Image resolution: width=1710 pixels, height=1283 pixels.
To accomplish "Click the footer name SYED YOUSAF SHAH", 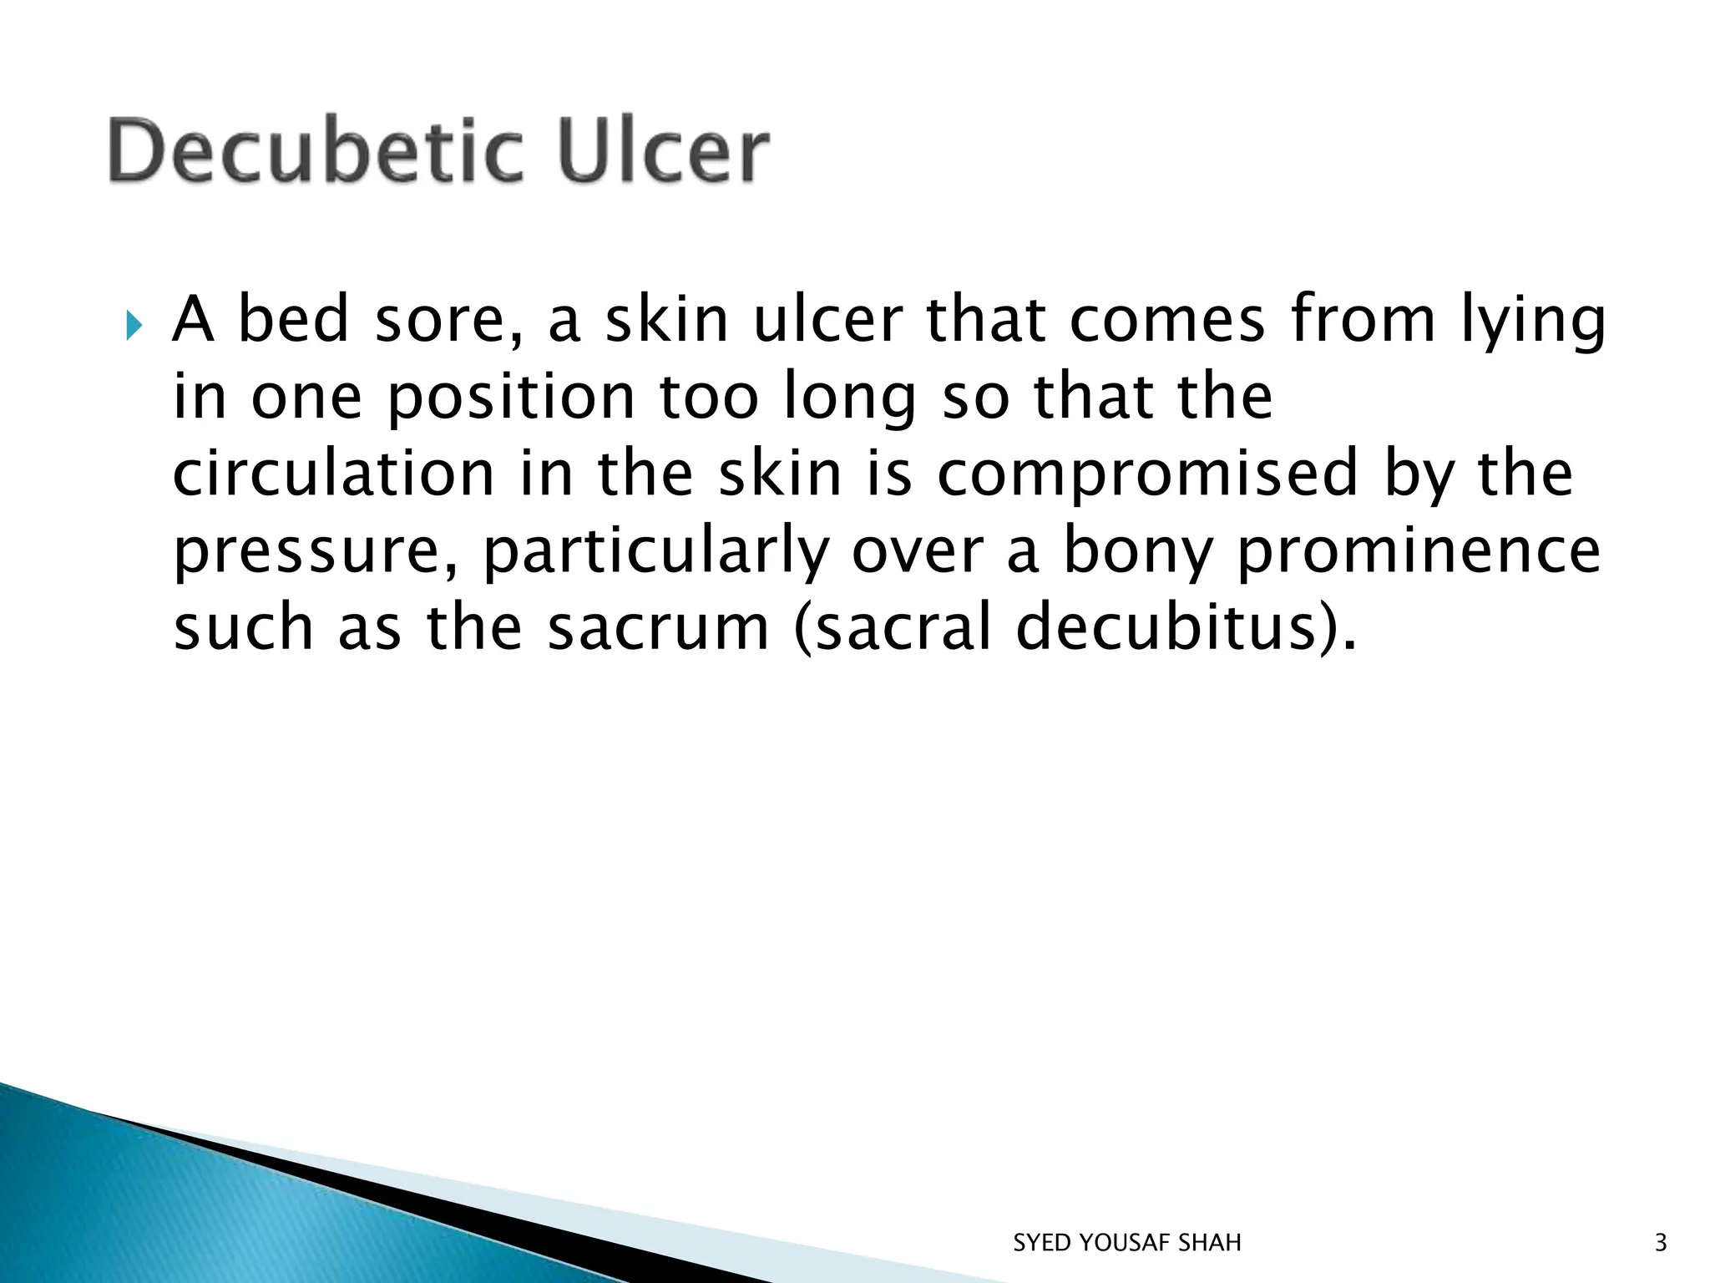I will click(x=1127, y=1243).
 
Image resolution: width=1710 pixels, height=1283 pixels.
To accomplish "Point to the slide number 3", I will click(x=1661, y=1243).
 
